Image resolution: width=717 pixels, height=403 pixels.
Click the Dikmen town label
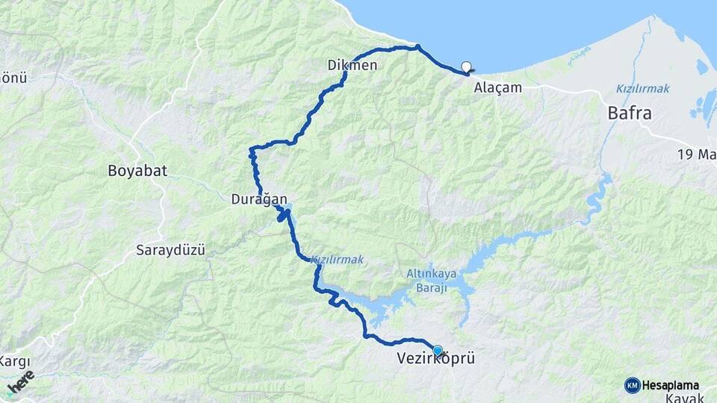[352, 66]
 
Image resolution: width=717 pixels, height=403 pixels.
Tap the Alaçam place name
[497, 87]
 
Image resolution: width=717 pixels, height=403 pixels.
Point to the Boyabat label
[137, 170]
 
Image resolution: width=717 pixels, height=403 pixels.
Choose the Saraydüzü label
[170, 250]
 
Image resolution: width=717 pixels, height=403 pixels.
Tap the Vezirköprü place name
[435, 360]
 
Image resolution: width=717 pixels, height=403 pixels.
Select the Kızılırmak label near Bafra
[642, 88]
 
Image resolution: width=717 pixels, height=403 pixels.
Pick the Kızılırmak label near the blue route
[337, 259]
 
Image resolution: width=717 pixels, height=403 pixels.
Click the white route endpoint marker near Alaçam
[467, 66]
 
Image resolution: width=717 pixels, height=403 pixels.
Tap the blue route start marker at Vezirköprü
[438, 350]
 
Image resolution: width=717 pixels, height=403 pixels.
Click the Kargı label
[13, 361]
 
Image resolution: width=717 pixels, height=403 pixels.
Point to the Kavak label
[683, 398]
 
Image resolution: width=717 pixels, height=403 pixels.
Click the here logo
[21, 383]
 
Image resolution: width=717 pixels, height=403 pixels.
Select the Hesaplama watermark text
[671, 385]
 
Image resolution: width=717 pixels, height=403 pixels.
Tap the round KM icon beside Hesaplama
[632, 385]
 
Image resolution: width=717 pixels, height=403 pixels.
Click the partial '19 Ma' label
[697, 154]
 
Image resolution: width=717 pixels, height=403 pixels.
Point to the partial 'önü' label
[13, 77]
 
